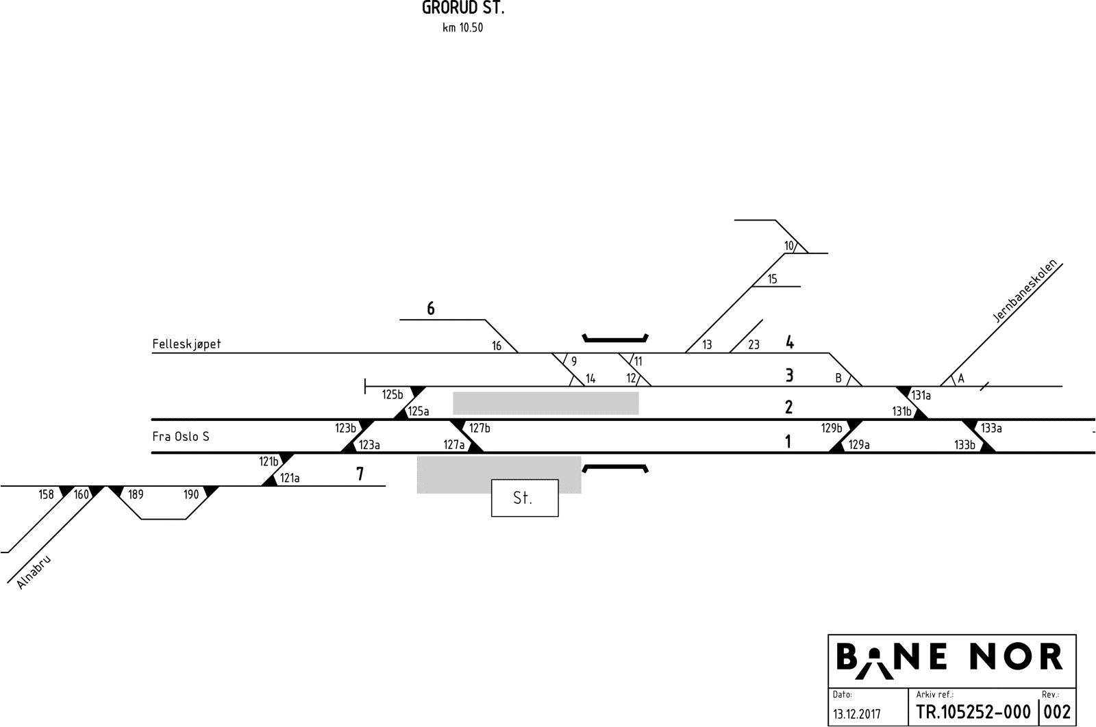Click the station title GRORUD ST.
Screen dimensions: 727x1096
tap(463, 9)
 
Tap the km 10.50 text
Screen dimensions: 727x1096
tap(462, 28)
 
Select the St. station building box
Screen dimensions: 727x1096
tap(524, 498)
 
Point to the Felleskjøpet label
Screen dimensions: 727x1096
tap(186, 344)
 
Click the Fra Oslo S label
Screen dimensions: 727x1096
tap(181, 436)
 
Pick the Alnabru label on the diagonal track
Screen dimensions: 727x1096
tap(33, 572)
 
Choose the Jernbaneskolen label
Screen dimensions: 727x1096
tap(1025, 291)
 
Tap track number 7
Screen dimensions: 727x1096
tap(360, 474)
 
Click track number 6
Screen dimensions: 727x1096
tap(431, 309)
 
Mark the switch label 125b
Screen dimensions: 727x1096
tap(393, 394)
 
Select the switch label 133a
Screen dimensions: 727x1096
tap(991, 429)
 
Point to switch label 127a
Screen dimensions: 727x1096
tap(453, 445)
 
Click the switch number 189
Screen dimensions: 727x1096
tap(136, 494)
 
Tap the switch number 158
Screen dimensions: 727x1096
tap(46, 494)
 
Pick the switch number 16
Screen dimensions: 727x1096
tap(497, 346)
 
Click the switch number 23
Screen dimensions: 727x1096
tap(754, 345)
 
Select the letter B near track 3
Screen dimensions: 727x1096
tap(838, 378)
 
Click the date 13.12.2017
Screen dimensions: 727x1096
tap(857, 714)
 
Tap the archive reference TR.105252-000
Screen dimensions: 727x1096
tap(973, 713)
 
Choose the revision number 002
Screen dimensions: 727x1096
tap(1057, 713)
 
